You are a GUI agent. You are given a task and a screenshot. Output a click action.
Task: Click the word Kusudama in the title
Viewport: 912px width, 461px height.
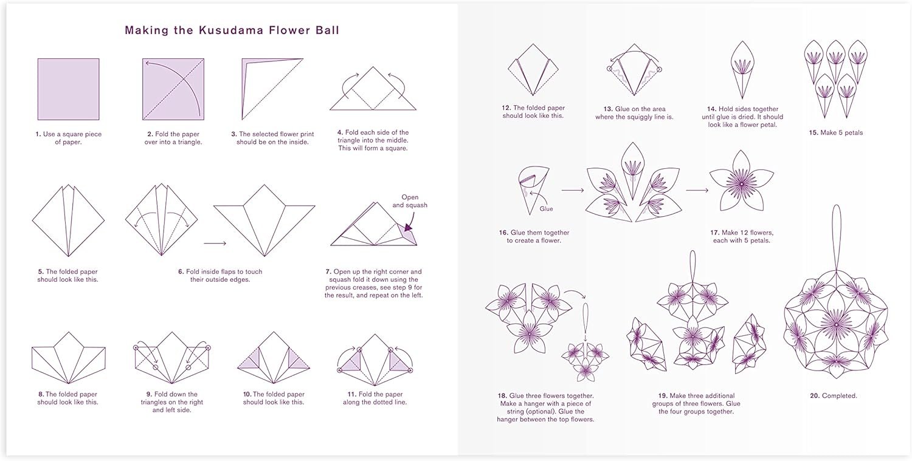(231, 30)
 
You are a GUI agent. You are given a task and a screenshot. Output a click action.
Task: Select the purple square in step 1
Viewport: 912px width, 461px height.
(68, 89)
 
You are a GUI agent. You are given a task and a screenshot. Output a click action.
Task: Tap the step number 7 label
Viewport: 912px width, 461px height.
(328, 271)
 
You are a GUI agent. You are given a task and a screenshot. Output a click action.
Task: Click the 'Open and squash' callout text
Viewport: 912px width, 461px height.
(410, 201)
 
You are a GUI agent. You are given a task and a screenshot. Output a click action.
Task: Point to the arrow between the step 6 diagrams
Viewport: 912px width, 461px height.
(215, 244)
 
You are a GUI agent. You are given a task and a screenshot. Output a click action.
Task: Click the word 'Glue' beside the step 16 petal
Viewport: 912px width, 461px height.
(546, 209)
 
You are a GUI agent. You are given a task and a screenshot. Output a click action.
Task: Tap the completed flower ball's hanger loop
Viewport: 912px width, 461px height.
(836, 238)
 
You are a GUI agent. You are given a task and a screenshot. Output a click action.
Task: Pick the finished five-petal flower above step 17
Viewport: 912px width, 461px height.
(741, 182)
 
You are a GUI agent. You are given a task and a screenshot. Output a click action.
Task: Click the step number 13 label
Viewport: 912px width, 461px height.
(608, 109)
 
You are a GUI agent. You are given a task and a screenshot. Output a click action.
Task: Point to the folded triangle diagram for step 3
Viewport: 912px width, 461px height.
(272, 89)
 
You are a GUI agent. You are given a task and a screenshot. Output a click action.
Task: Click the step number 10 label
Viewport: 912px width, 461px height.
(247, 394)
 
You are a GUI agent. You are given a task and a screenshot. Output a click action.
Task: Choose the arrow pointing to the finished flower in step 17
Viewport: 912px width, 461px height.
(697, 190)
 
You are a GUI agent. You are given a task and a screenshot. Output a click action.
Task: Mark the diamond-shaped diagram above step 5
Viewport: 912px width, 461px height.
(68, 220)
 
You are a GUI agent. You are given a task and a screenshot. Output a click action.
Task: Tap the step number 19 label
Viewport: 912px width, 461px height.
(663, 395)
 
